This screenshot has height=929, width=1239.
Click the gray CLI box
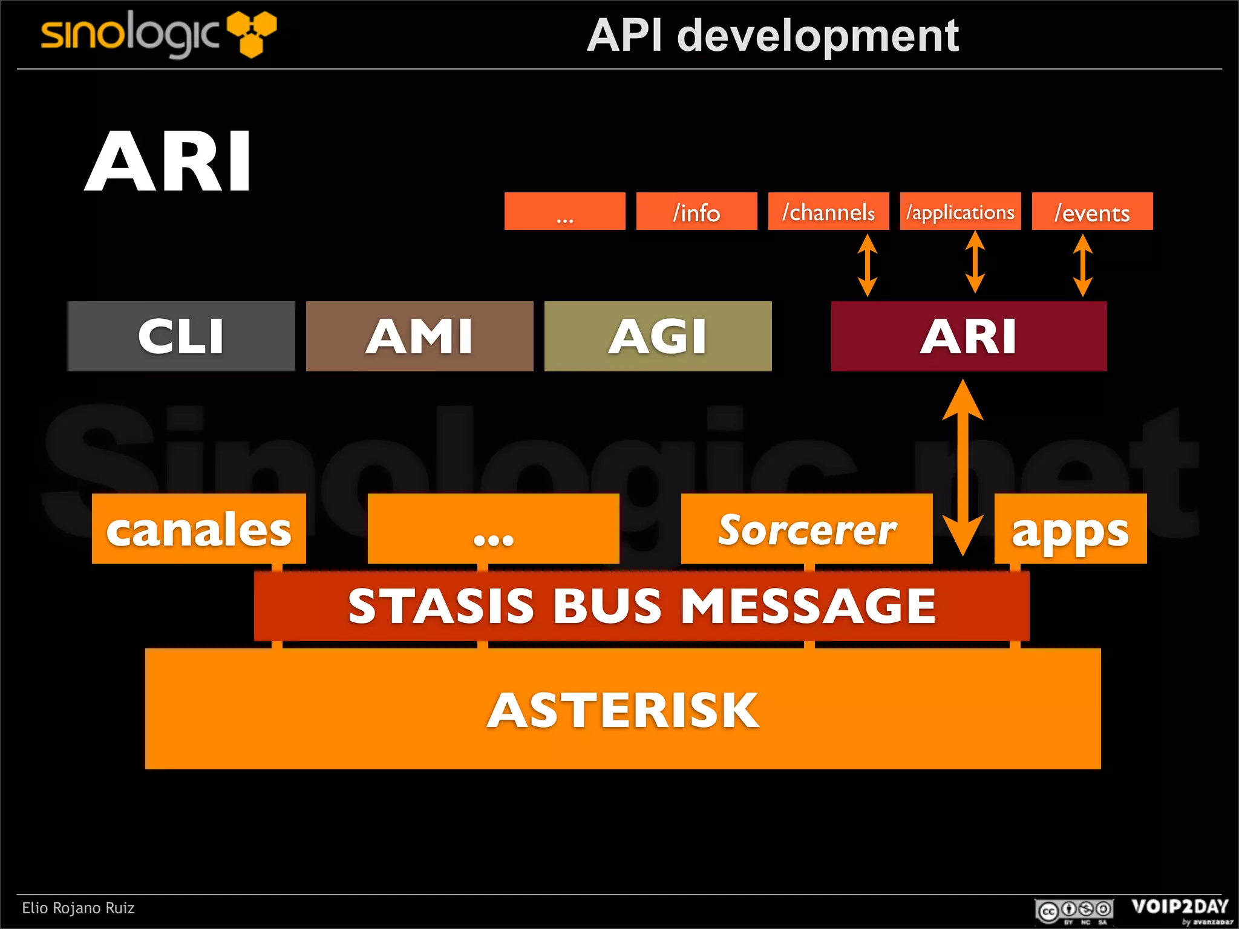pos(181,336)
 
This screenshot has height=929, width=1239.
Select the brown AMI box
pos(419,336)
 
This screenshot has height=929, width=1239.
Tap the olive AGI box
pos(658,336)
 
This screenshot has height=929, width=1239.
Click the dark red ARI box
pos(969,336)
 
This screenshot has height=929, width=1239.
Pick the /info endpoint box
pos(696,212)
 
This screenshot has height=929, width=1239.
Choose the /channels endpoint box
pos(828,212)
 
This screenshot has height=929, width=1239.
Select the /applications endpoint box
pos(960,212)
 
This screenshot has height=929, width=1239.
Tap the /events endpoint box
pos(1092,212)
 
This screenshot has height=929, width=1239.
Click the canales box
pos(198,529)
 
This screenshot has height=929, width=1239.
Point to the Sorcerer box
pos(806,529)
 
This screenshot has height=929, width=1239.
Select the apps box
pos(1070,529)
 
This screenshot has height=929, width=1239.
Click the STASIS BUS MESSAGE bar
pos(641,605)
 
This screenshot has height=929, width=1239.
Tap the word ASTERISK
pos(623,710)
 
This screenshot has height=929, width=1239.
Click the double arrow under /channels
pos(868,265)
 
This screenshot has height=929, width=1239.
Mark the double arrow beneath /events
pos(1082,265)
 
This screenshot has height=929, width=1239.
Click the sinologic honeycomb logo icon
pos(252,33)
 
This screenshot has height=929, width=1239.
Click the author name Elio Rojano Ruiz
pos(78,908)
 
